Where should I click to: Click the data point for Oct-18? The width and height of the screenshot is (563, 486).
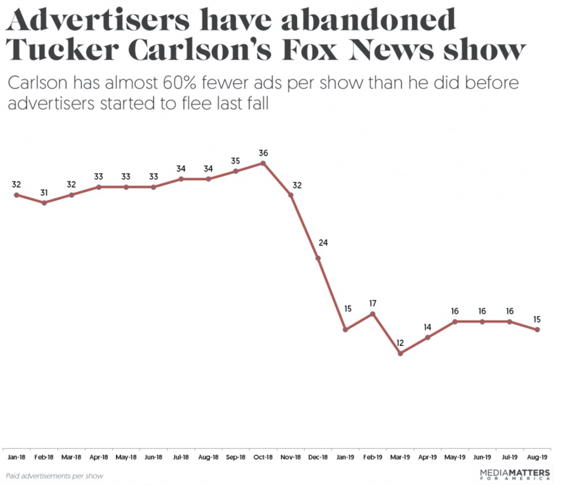point(263,163)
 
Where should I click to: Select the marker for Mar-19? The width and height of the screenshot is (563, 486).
point(400,353)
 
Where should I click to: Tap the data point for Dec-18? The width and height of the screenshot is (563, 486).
point(318,258)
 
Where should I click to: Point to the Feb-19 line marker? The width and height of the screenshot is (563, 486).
point(373,314)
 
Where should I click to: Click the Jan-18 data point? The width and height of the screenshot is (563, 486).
point(16,195)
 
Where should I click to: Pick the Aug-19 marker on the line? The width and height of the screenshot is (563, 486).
point(538,330)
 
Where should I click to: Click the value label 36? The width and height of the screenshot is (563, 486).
point(263,152)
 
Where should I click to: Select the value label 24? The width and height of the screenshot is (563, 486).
point(323,243)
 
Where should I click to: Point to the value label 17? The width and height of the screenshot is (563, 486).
point(373,303)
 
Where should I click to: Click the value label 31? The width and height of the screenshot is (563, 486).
point(44,193)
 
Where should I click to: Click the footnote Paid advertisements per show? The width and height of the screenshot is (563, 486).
point(55,476)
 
